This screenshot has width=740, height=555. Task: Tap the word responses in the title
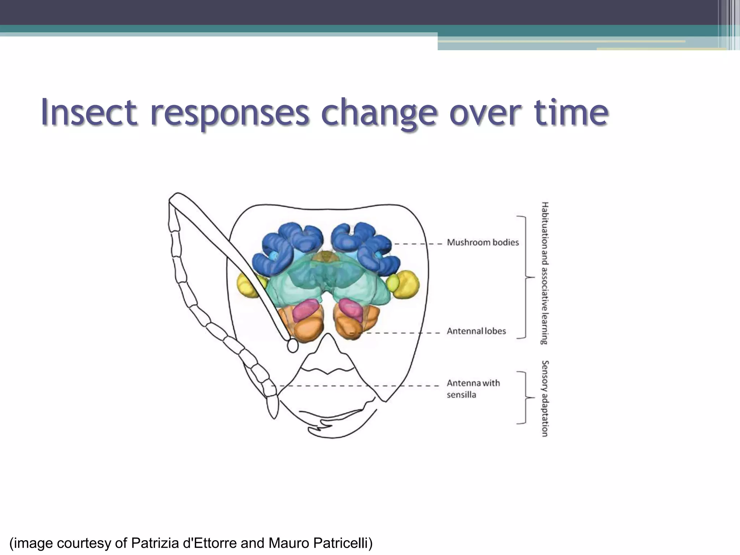[x=229, y=113]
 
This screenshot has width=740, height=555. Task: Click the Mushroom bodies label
[x=482, y=242]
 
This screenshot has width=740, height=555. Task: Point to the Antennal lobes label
[x=476, y=331]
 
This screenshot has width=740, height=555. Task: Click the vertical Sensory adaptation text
[x=545, y=398]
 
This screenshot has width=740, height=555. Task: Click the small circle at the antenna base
[x=292, y=346]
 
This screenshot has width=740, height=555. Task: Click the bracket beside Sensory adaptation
[x=525, y=397]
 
